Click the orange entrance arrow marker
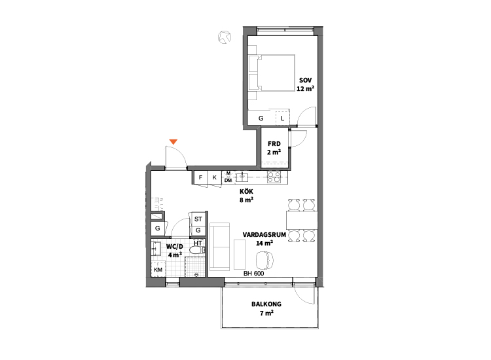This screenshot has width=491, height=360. pyautogui.click(x=173, y=142)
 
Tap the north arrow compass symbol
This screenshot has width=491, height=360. pyautogui.click(x=225, y=37)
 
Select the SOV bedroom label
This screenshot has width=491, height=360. pyautogui.click(x=305, y=81)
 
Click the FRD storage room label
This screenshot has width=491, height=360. pyautogui.click(x=274, y=144)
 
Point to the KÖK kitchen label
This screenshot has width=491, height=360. pyautogui.click(x=246, y=191)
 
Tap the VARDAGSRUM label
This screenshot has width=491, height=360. pyautogui.click(x=264, y=235)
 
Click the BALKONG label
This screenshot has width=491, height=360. pyautogui.click(x=266, y=304)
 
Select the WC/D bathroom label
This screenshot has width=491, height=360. pyautogui.click(x=175, y=246)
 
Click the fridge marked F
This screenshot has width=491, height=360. pyautogui.click(x=200, y=177)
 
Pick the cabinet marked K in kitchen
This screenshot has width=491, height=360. pyautogui.click(x=215, y=177)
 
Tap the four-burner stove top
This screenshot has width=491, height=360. pyautogui.click(x=274, y=177)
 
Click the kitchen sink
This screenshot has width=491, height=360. pyautogui.click(x=242, y=177)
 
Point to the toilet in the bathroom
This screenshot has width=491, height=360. pyautogui.click(x=197, y=250)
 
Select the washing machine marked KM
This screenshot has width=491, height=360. pyautogui.click(x=158, y=270)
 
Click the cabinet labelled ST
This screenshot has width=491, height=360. pyautogui.click(x=198, y=219)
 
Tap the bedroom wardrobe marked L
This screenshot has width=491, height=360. pyautogui.click(x=282, y=118)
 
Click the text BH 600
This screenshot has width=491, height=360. pyautogui.click(x=253, y=274)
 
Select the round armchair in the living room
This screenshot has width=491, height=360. pyautogui.click(x=264, y=259)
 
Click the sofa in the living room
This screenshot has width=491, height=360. pyautogui.click(x=219, y=247)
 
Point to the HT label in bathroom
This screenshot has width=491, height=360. pyautogui.click(x=198, y=243)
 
